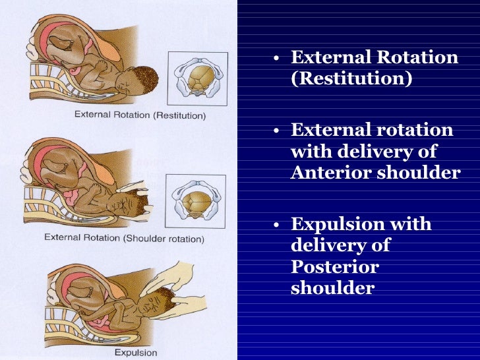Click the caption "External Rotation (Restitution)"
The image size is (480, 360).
[x=140, y=115]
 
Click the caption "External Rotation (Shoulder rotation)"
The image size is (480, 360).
[x=124, y=238]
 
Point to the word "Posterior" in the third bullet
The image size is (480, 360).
[x=335, y=267]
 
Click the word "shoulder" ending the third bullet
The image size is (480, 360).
[x=332, y=288]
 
